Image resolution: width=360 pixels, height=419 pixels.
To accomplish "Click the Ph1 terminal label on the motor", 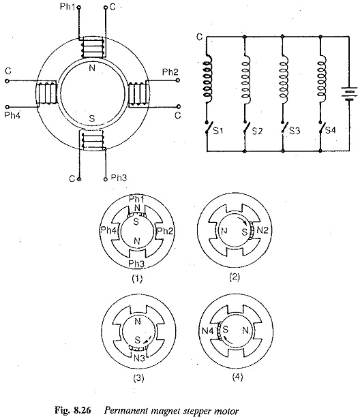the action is coord(67,6).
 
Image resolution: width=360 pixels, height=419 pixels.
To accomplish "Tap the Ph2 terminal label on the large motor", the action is coord(170,72).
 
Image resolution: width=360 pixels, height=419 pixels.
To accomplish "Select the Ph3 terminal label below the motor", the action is coord(119,178).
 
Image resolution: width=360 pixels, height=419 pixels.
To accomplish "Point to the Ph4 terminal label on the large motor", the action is coord(12,115).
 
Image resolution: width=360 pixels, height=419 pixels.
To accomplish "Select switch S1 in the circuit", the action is coord(208,128).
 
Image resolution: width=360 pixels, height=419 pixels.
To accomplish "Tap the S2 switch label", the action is coord(257,131).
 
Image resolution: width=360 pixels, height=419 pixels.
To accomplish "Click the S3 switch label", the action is coord(295,131).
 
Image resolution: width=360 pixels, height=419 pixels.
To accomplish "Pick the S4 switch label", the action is coord(330,130).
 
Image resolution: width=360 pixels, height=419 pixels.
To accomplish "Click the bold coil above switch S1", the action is coord(207,78).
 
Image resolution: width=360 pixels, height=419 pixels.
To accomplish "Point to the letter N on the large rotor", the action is coord(92,68).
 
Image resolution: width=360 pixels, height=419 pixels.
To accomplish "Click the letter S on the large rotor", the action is coord(92,119).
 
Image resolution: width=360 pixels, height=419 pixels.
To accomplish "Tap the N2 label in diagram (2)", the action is coord(262,230).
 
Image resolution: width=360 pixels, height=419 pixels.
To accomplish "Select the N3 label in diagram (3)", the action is coord(139,358).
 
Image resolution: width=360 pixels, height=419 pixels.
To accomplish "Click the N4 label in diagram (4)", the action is coord(207,331).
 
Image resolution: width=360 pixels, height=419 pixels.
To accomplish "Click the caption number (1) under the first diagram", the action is coord(137,279).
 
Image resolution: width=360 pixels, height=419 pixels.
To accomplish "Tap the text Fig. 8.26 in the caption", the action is coord(73,410).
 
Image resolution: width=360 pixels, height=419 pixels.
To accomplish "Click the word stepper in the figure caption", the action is coord(197,412).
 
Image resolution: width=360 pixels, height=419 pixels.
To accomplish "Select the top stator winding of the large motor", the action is coord(92,48).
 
